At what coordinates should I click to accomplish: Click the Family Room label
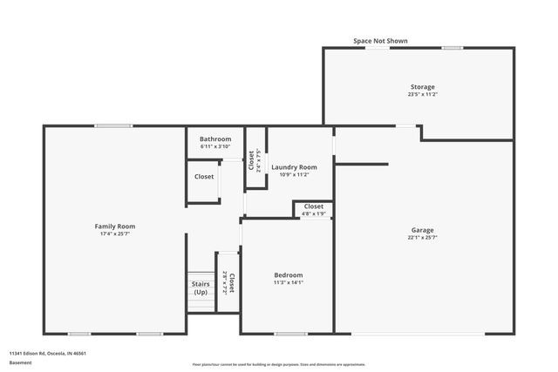pyautogui.click(x=115, y=226)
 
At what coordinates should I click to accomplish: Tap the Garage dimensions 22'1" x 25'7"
pyautogui.click(x=423, y=238)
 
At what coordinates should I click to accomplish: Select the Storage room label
pyautogui.click(x=423, y=86)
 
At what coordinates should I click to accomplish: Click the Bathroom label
pyautogui.click(x=215, y=139)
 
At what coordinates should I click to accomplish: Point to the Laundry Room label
pyautogui.click(x=294, y=166)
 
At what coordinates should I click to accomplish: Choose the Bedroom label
pyautogui.click(x=288, y=274)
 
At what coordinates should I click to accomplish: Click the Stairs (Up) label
pyautogui.click(x=201, y=287)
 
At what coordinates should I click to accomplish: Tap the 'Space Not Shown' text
pyautogui.click(x=380, y=41)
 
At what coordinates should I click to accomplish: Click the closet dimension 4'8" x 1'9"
pyautogui.click(x=314, y=213)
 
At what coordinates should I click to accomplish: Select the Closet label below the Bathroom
pyautogui.click(x=204, y=177)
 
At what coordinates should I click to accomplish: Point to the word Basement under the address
pyautogui.click(x=20, y=362)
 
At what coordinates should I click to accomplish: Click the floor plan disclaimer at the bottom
pyautogui.click(x=278, y=364)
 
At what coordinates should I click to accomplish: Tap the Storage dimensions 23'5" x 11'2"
pyautogui.click(x=423, y=94)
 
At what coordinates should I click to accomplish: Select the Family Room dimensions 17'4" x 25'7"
pyautogui.click(x=115, y=233)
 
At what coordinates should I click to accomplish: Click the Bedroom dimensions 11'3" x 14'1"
pyautogui.click(x=288, y=282)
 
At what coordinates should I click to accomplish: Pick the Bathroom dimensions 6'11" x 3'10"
pyautogui.click(x=215, y=146)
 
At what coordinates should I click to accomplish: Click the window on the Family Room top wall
pyautogui.click(x=113, y=126)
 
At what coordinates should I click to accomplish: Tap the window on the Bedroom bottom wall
pyautogui.click(x=290, y=334)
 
